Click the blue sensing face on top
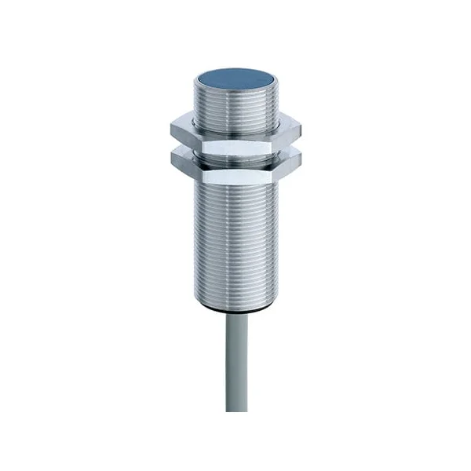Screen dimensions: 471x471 click(235, 78)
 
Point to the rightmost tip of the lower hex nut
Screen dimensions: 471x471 click(303, 155)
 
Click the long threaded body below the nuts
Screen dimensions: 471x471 click(235, 235)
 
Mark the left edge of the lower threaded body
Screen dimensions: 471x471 click(194, 235)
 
